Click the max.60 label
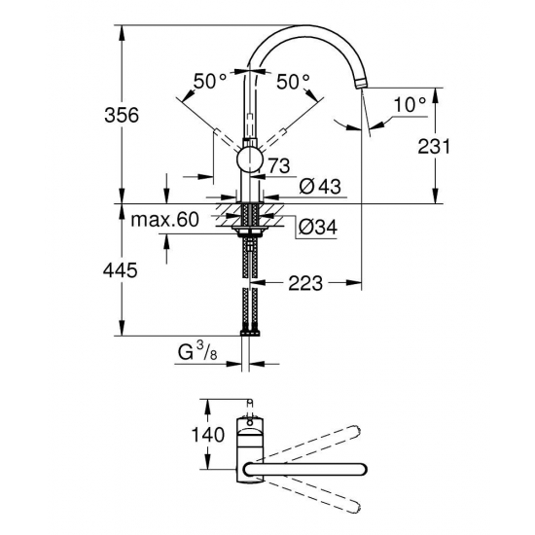(x=165, y=221)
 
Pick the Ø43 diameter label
(x=318, y=185)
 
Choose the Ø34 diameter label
(x=318, y=226)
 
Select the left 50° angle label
(x=209, y=82)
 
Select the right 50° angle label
(x=293, y=82)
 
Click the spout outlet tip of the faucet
(x=363, y=85)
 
